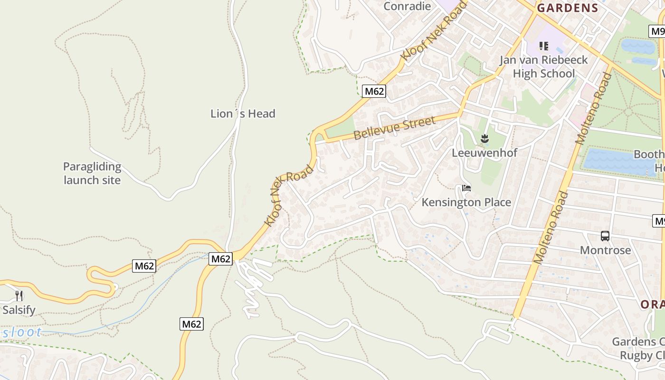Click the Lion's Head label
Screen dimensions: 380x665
[243, 114]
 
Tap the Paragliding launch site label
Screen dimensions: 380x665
[92, 173]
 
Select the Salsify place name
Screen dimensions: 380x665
[19, 310]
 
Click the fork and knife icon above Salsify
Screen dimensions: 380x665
[19, 296]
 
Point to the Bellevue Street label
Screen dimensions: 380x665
[395, 128]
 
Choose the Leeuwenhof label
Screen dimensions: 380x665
[484, 153]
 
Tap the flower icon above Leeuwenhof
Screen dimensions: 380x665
[484, 139]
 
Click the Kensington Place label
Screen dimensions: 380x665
[466, 202]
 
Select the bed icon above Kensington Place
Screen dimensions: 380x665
[466, 188]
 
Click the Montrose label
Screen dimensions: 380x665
[605, 250]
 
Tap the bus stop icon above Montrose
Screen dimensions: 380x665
[605, 236]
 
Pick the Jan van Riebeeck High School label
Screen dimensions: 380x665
[543, 66]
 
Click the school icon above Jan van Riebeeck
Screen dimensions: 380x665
[544, 46]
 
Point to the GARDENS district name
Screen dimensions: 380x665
[568, 8]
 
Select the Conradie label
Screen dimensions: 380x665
[407, 6]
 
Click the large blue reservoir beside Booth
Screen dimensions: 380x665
[617, 162]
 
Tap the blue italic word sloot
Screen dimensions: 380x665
[22, 332]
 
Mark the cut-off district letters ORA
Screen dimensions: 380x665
[652, 304]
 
